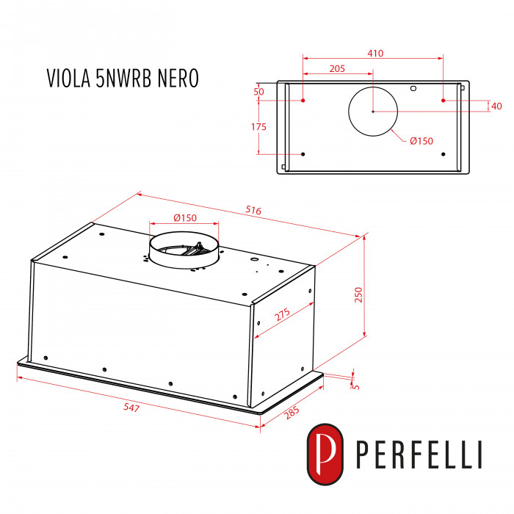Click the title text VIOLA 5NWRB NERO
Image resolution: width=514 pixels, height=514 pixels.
pos(123,79)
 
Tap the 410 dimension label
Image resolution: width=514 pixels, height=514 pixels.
pos(376,54)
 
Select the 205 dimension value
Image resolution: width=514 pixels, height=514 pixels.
pos(337,68)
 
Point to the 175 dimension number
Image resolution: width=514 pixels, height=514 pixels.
pos(258,127)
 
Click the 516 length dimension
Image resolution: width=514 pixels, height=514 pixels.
pos(253,211)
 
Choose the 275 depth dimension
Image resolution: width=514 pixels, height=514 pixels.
pos(283,314)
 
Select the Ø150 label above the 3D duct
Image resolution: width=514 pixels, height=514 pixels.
pos(184,217)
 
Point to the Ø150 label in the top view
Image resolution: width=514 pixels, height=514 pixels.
pos(421,141)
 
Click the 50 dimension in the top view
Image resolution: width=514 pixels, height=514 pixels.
pos(258,92)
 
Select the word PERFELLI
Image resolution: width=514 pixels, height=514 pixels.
pos(419,455)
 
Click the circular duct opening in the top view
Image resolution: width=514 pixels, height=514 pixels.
pos(373,111)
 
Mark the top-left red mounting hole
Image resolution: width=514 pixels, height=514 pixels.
pos(303,99)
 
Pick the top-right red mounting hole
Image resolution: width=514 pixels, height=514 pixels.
pos(443,99)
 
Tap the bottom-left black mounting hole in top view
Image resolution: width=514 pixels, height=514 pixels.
pos(303,154)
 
